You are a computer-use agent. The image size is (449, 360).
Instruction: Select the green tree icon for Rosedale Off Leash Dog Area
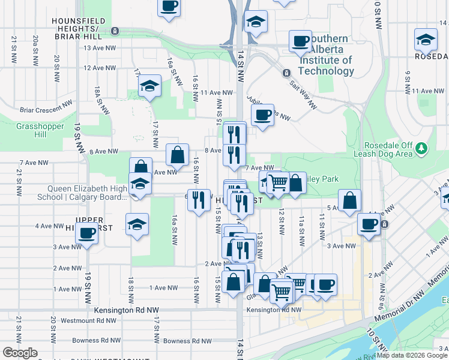tap(422, 147)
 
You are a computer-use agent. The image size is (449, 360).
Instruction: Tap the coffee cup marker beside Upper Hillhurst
tap(87, 233)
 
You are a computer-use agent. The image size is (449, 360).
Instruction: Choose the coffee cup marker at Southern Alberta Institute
tap(300, 41)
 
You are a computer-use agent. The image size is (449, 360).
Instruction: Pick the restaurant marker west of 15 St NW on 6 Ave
tap(200, 200)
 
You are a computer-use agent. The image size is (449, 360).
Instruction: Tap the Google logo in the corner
tap(20, 353)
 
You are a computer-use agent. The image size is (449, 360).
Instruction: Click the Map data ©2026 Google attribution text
tap(411, 355)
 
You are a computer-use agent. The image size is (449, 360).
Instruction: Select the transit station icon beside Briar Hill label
tap(115, 31)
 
